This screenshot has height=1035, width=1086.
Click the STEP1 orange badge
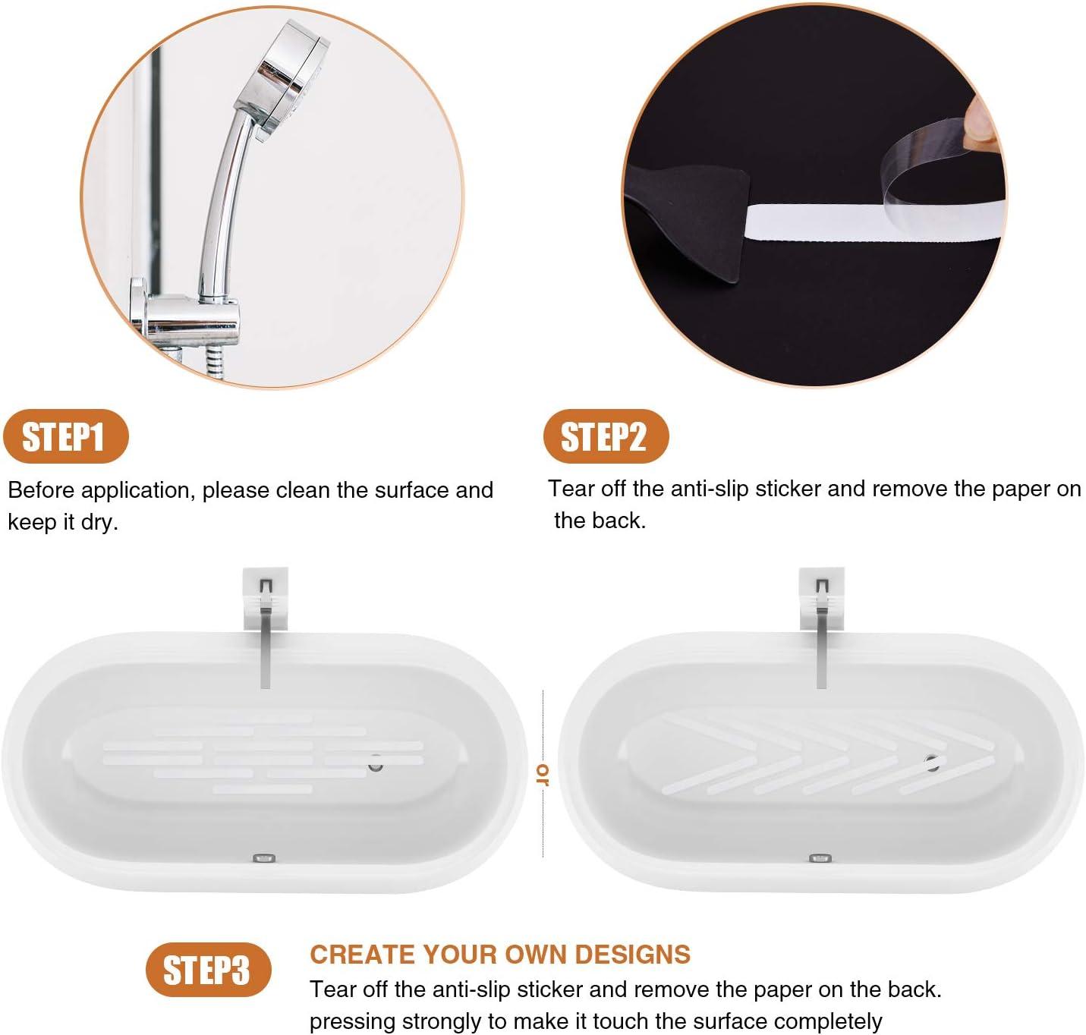click(x=65, y=437)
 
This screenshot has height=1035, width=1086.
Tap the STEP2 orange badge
click(x=605, y=436)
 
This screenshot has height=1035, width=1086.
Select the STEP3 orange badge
click(x=207, y=970)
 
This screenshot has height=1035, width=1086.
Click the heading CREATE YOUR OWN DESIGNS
click(x=500, y=954)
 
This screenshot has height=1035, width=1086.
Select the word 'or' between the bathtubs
click(x=543, y=774)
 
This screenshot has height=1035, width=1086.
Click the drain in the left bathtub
click(x=376, y=764)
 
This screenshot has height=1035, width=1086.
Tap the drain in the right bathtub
click(x=931, y=763)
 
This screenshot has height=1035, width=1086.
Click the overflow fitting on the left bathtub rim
click(x=264, y=858)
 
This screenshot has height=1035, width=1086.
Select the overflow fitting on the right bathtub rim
click(x=820, y=858)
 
